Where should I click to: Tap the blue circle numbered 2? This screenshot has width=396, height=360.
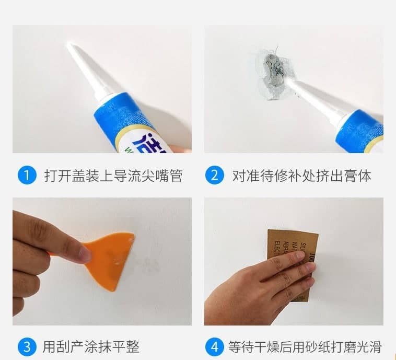214,175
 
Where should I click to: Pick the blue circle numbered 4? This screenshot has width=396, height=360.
214,346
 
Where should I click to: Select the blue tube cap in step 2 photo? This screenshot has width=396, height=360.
360,131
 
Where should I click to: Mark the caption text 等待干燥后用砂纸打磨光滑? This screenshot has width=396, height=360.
305,346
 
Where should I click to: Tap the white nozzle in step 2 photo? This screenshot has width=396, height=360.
313,99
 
